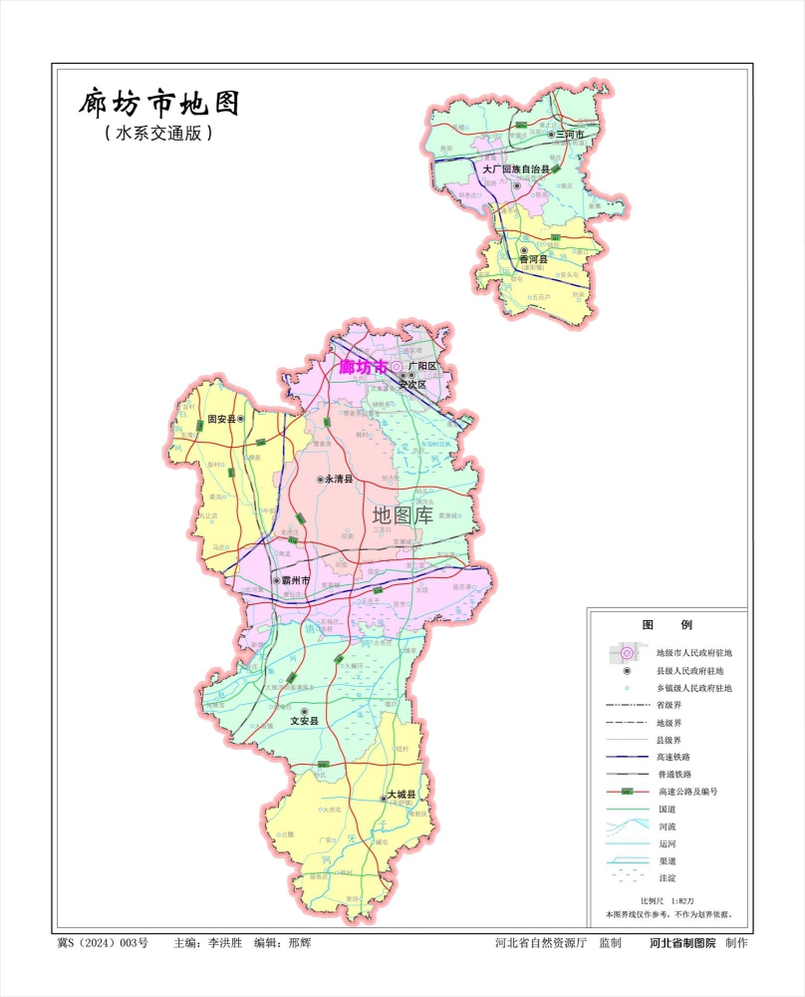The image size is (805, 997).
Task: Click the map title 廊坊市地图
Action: (x=159, y=104)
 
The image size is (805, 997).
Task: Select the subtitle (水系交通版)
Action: (x=159, y=133)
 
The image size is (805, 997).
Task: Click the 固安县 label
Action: (x=220, y=420)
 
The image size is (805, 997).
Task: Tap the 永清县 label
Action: (x=339, y=480)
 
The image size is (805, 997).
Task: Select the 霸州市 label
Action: (x=296, y=580)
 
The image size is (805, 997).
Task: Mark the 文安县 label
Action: (x=305, y=720)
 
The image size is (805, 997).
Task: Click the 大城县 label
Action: (x=402, y=795)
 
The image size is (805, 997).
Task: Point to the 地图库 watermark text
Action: (x=402, y=514)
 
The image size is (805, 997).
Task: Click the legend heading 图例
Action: (x=667, y=624)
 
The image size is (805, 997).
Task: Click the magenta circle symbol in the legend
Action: (x=628, y=653)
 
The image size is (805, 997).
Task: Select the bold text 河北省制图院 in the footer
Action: (x=682, y=942)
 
